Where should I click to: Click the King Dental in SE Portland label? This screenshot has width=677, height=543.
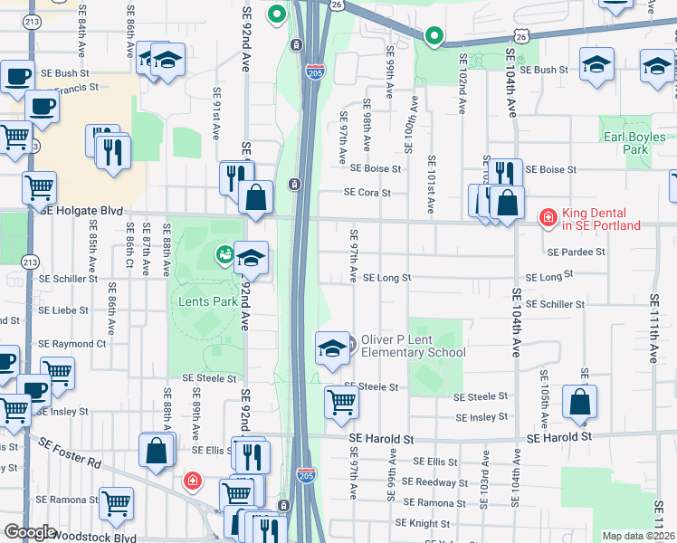pos(601,219)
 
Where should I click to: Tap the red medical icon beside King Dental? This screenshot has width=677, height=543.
pos(548,217)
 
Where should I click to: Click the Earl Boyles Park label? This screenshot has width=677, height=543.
pos(634,143)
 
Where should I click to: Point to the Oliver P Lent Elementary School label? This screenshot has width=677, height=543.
pos(413,346)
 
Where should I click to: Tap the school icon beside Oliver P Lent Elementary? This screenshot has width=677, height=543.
pos(332,348)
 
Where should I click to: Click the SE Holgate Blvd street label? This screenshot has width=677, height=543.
pos(81,210)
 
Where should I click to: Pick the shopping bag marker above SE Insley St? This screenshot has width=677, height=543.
pos(579,402)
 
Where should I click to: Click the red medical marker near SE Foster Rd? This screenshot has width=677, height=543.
pos(193,481)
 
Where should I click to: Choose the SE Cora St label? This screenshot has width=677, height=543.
pos(367,192)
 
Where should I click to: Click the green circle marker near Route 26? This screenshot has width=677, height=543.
pos(434,37)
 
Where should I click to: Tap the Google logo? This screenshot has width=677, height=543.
pos(30,531)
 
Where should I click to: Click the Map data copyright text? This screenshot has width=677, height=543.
pos(639,536)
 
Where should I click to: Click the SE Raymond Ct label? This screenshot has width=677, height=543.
pos(72,344)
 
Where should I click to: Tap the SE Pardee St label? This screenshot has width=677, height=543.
pos(576,252)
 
